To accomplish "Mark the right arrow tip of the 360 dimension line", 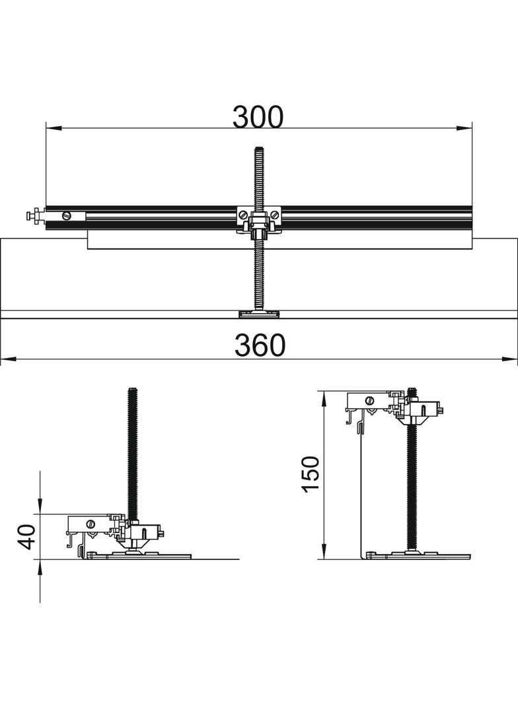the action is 517,359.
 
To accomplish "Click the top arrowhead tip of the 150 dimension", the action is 324,392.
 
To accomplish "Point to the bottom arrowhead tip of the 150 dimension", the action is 324,559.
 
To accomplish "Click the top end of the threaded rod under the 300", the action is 258,148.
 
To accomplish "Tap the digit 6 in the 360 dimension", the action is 260,345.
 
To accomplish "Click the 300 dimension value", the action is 258,116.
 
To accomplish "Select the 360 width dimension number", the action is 260,345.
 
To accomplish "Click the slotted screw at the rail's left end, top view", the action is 67,215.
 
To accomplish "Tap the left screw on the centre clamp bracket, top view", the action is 242,213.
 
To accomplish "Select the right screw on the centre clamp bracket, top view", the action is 274,213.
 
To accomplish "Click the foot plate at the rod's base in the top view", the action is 258,314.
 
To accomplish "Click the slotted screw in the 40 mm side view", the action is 91,523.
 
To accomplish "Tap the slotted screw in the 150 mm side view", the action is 370,400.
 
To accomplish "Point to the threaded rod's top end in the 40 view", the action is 133,389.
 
